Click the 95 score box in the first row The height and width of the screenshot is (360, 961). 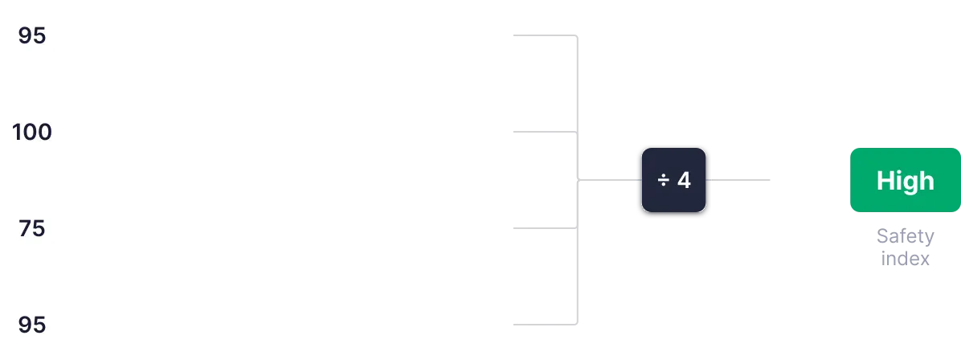tap(32, 36)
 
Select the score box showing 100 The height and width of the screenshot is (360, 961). tap(32, 132)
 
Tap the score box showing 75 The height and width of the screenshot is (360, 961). tap(32, 228)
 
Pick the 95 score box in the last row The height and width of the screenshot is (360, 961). tap(32, 325)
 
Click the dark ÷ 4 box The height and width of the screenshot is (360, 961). tap(673, 180)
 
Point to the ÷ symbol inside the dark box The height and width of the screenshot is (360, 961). tap(664, 180)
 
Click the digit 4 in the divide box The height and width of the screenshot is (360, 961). tap(684, 180)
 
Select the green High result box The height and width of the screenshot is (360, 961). tap(905, 180)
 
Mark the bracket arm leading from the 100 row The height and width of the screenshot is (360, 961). tap(540, 132)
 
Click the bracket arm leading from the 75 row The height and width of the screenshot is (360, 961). tap(540, 228)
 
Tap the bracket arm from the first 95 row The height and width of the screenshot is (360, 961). tap(540, 36)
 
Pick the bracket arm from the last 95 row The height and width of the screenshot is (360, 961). tap(540, 325)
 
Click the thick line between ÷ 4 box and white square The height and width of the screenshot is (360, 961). tap(742, 180)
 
